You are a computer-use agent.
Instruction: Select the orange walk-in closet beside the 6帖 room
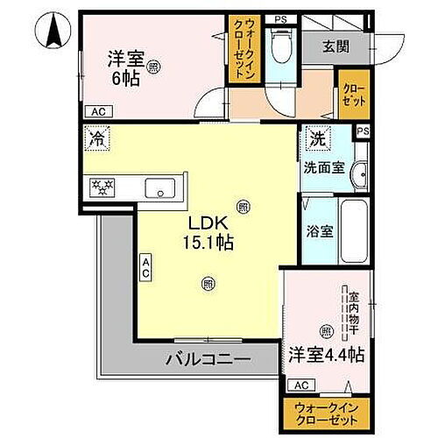(241, 51)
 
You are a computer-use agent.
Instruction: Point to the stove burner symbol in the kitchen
(104, 187)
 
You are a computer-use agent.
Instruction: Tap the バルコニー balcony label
(208, 359)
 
